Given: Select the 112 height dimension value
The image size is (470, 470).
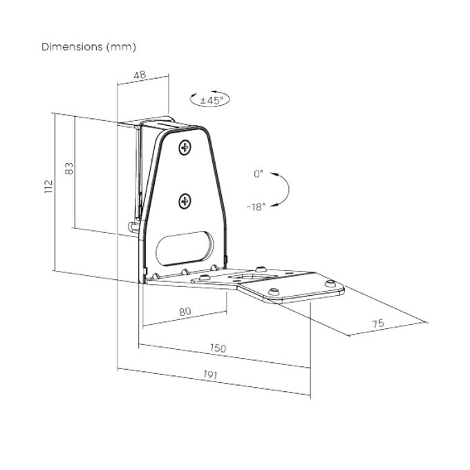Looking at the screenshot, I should coord(48,187).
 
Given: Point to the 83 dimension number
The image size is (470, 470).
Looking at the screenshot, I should coord(68,168).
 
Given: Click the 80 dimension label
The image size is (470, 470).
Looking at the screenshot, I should coord(185,312).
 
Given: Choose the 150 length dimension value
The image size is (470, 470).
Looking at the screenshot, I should coord(218,348).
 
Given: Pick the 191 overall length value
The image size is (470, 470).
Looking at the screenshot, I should coord(210,375).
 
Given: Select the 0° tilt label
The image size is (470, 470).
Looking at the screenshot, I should coord(258,174).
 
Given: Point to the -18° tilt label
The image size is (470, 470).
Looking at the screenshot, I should coord(255,206).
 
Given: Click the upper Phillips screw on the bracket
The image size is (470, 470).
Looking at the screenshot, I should coord(185,147).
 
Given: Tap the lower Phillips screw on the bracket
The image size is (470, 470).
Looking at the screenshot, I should coord(185,201).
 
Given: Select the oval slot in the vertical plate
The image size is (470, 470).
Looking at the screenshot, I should coord(185,246).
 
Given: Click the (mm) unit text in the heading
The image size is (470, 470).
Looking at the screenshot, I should coord(122,47).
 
